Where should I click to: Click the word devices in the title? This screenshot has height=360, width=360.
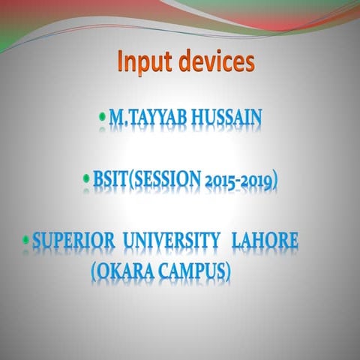pyautogui.click(x=217, y=61)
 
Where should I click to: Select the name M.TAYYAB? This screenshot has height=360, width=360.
pyautogui.click(x=145, y=118)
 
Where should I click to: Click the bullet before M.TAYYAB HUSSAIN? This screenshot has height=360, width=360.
pyautogui.click(x=103, y=117)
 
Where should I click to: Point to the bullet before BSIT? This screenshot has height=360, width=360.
pyautogui.click(x=87, y=180)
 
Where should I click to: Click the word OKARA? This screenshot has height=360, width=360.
pyautogui.click(x=123, y=271)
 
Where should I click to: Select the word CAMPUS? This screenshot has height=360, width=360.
pyautogui.click(x=188, y=271)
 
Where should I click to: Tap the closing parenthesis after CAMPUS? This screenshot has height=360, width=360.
pyautogui.click(x=227, y=271)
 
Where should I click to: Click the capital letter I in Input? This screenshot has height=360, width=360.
pyautogui.click(x=121, y=61)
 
